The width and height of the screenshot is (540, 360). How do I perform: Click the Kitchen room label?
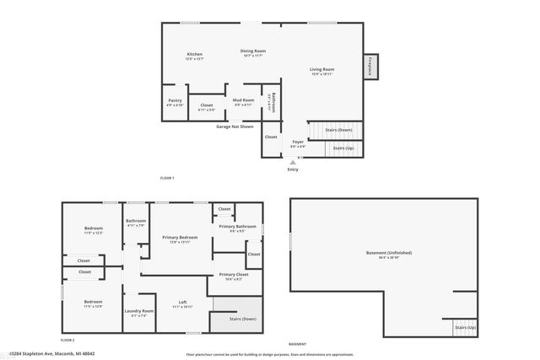point(194,54)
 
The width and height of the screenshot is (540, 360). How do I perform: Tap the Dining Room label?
point(253,51)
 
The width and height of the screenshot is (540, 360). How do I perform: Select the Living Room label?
point(321,69)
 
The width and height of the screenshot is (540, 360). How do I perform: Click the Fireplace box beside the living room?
point(370,67)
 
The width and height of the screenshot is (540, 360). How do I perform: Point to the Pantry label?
point(175,102)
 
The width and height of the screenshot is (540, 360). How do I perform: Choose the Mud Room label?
point(243,100)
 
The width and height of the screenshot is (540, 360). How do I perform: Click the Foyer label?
point(298,142)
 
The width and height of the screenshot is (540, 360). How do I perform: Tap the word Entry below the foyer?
point(293,169)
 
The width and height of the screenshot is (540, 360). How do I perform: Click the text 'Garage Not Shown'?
point(235,126)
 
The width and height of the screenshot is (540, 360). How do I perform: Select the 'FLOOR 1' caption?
point(167,178)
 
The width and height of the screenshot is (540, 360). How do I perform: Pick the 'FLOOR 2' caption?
point(67,340)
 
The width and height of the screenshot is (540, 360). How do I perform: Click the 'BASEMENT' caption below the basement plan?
point(297,344)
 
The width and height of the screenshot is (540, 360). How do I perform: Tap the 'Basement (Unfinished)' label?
point(388,253)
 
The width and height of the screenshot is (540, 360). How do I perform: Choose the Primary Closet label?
point(234,275)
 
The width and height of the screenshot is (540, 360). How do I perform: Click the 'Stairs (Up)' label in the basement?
point(465,326)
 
